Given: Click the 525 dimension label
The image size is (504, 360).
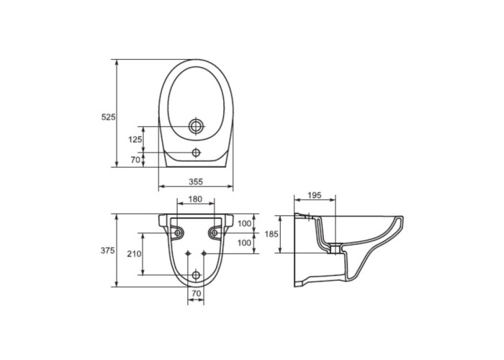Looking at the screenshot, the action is click(x=108, y=117).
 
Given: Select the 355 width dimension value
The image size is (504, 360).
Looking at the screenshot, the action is click(x=196, y=182).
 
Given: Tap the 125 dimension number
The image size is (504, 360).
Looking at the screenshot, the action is click(x=135, y=140).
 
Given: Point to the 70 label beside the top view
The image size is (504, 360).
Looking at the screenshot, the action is click(x=135, y=160).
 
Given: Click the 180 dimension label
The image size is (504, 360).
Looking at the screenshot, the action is click(x=195, y=199).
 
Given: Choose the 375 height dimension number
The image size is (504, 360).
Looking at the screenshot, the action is click(x=108, y=251).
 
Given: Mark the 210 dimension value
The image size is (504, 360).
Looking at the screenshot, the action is click(x=134, y=254).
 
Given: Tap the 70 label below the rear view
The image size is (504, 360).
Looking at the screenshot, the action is click(x=196, y=294).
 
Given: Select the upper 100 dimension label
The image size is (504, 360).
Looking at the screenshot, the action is click(x=244, y=224).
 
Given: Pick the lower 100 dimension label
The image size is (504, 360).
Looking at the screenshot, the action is click(x=244, y=243).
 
